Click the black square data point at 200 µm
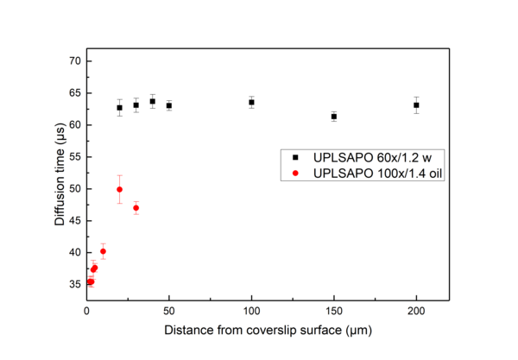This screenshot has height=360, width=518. pyautogui.click(x=416, y=105)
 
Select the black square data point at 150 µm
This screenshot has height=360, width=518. pyautogui.click(x=333, y=117)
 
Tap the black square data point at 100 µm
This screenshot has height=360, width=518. pyautogui.click(x=251, y=102)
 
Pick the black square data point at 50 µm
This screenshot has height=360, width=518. pyautogui.click(x=169, y=105)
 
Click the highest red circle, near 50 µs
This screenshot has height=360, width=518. pyautogui.click(x=119, y=189)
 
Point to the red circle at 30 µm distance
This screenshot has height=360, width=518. pyautogui.click(x=136, y=208)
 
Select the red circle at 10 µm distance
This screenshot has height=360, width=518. pyautogui.click(x=103, y=251)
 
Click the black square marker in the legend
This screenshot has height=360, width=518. pyautogui.click(x=295, y=158)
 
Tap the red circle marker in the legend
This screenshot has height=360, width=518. pyautogui.click(x=295, y=174)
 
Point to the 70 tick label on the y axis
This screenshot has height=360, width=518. pyautogui.click(x=75, y=61)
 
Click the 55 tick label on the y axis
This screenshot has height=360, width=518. pyautogui.click(x=75, y=157)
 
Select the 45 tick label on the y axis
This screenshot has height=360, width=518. pyautogui.click(x=75, y=221)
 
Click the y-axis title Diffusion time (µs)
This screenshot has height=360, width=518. pyautogui.click(x=59, y=178)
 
